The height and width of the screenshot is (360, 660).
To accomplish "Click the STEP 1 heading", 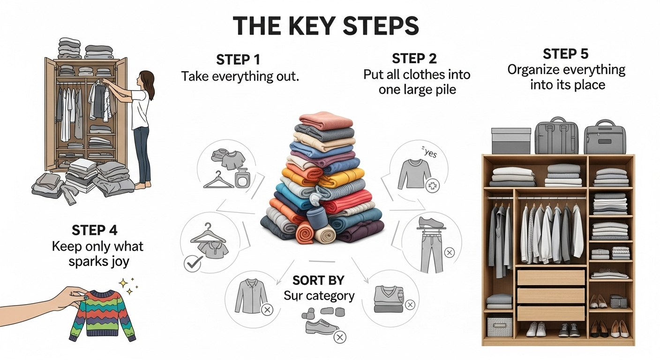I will [238, 60].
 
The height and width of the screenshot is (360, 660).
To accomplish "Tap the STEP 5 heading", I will [565, 53].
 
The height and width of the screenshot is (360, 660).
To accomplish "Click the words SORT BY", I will [318, 280].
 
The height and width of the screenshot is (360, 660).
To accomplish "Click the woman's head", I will [147, 80].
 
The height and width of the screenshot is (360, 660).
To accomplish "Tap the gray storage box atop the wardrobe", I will [510, 141].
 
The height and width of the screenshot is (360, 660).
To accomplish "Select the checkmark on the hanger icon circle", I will [193, 263].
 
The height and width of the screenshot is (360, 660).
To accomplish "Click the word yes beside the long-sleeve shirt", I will [430, 154].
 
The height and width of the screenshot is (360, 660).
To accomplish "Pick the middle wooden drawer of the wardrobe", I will [551, 295].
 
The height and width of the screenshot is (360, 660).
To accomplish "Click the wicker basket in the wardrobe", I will [500, 326].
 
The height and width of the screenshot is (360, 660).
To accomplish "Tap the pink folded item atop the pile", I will [326, 120].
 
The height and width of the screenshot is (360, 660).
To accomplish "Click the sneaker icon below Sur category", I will [322, 327].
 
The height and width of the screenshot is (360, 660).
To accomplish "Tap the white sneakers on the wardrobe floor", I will [536, 329].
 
